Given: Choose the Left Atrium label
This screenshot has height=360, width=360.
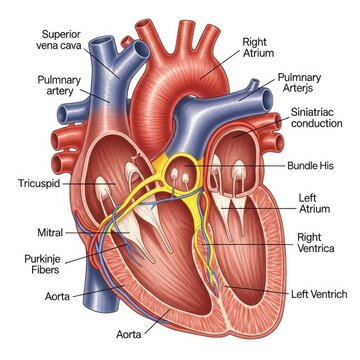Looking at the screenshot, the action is pos(313,201).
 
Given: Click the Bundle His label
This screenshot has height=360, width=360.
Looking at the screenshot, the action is pos(315,164).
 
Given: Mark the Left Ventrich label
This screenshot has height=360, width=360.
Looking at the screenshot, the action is pos(319,293).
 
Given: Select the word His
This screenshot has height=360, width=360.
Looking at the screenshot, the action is pos(333,164).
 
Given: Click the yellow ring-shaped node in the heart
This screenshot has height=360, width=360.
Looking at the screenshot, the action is pos(184,143).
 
